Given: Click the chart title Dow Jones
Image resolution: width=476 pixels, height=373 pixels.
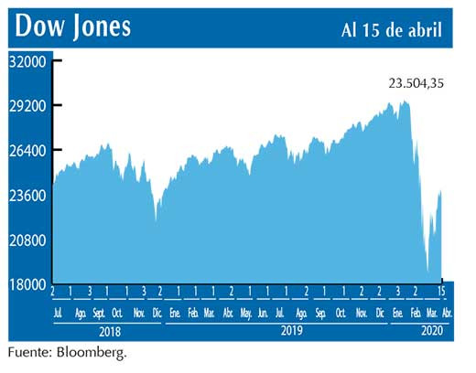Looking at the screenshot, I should [x=73, y=26].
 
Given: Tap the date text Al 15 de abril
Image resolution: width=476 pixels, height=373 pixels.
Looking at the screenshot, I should [x=391, y=28].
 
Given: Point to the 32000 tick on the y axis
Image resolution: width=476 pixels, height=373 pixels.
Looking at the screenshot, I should [x=28, y=61].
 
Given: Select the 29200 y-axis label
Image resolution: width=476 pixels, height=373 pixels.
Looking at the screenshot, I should [x=28, y=106].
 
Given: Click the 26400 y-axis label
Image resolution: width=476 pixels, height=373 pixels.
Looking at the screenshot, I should [x=28, y=151].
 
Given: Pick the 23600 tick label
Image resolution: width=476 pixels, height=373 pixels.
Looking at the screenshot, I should [x=28, y=196].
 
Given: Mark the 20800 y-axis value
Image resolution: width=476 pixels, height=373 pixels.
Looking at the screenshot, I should [x=28, y=240].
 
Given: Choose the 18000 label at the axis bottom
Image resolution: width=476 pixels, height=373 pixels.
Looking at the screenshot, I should [x=28, y=284].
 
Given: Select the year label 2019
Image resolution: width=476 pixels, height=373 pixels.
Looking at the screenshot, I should [x=291, y=332].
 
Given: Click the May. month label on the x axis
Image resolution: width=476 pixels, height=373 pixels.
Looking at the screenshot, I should [x=246, y=313].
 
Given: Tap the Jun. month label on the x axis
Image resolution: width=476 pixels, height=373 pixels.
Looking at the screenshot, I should [x=264, y=313].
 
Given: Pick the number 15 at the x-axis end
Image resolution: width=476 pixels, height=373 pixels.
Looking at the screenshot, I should [x=443, y=292].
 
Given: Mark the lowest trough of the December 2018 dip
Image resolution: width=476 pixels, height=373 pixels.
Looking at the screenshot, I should [x=157, y=220].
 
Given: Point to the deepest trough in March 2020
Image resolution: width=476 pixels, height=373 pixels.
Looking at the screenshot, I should [x=428, y=272].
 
